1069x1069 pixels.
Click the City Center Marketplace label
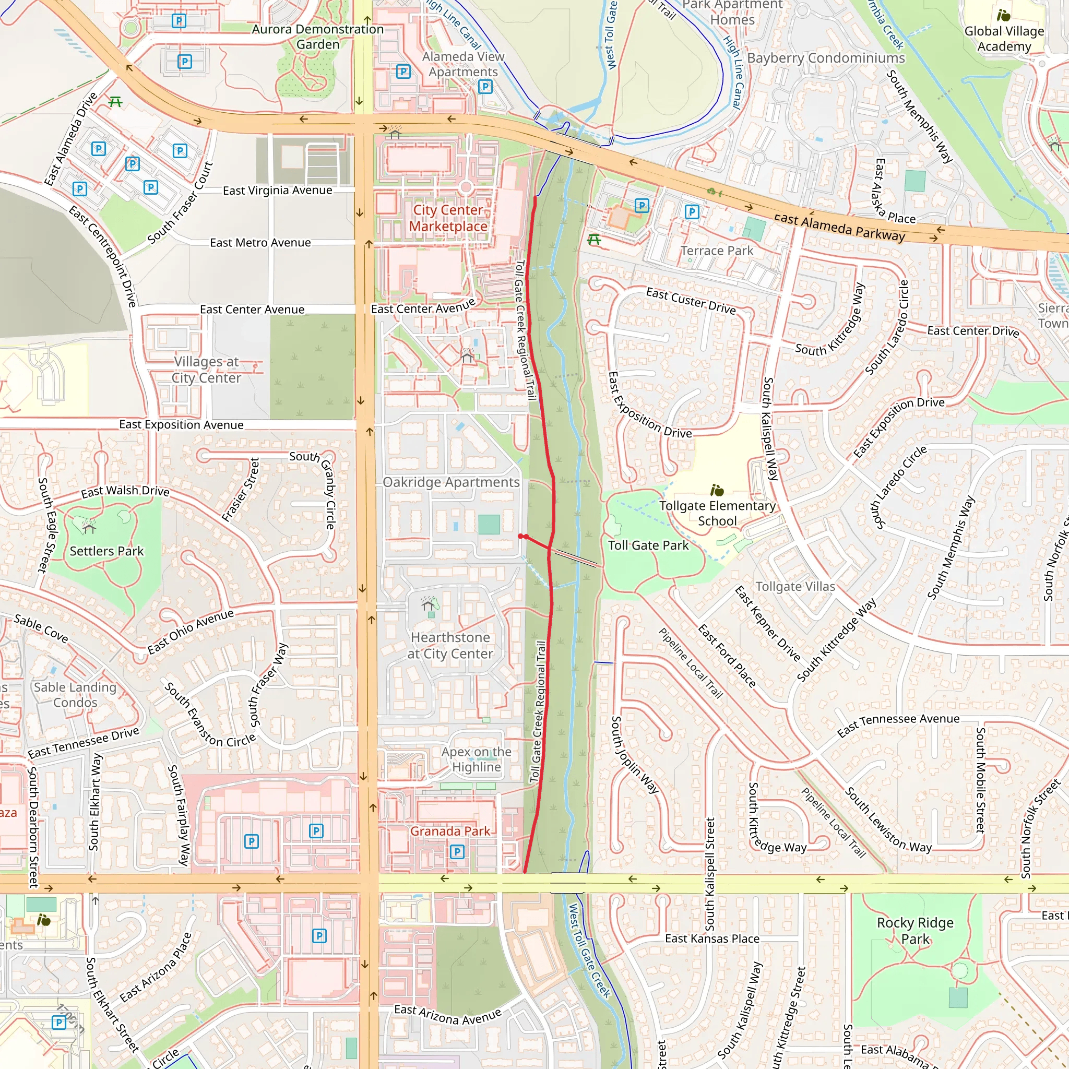click(448, 218)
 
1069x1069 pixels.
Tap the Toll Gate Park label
click(648, 545)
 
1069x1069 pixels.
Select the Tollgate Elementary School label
click(717, 513)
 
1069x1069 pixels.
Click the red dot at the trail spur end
click(520, 536)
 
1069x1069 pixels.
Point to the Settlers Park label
click(106, 551)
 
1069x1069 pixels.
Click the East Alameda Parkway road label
click(839, 227)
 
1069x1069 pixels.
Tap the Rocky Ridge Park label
click(915, 930)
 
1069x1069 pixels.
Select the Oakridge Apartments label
click(451, 482)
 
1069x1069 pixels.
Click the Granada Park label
click(450, 831)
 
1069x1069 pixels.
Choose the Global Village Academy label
click(1004, 38)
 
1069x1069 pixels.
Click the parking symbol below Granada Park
click(457, 851)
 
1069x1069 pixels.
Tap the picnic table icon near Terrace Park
click(594, 240)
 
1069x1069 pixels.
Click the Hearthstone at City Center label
click(450, 645)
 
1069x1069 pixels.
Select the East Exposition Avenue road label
click(181, 424)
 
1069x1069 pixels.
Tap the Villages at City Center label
click(206, 370)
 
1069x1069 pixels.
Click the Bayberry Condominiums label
click(826, 58)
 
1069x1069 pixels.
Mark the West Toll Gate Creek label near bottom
click(589, 950)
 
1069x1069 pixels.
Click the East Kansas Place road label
click(711, 939)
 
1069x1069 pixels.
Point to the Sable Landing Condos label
click(75, 694)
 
